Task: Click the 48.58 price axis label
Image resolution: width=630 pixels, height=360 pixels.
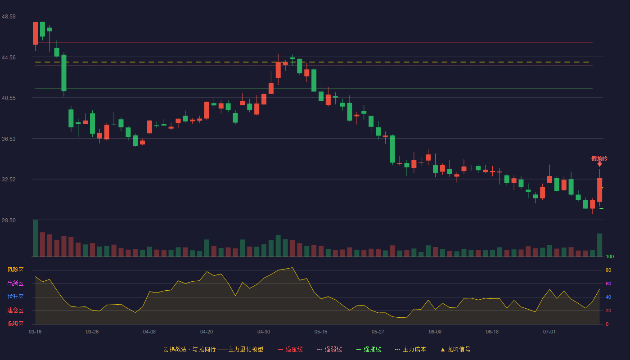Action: (x=9, y=17)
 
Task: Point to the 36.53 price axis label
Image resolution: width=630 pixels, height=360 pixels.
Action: (x=9, y=139)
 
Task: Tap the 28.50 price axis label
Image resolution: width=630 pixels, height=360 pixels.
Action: (x=9, y=220)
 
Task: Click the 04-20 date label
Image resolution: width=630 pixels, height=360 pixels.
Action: (x=207, y=332)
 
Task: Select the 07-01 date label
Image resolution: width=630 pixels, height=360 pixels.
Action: (x=549, y=332)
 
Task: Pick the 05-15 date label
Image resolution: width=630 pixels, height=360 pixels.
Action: (x=321, y=332)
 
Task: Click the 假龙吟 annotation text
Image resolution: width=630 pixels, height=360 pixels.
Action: (x=599, y=158)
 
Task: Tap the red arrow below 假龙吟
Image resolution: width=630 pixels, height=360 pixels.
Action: (x=599, y=164)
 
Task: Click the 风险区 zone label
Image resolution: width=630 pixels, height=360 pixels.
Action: (x=15, y=270)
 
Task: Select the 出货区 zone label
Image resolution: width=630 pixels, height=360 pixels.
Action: (x=15, y=283)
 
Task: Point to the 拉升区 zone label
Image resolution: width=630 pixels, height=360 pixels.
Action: (x=15, y=297)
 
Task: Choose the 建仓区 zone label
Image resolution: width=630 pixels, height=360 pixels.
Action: (x=15, y=310)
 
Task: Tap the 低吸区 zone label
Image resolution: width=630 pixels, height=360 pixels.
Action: (x=15, y=324)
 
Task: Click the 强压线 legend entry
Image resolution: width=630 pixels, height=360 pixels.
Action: (x=290, y=349)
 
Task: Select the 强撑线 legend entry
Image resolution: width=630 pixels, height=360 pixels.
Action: (x=369, y=349)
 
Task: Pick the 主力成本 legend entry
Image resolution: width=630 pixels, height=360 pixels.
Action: (x=410, y=349)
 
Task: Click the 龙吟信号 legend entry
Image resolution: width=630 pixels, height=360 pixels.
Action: (x=455, y=349)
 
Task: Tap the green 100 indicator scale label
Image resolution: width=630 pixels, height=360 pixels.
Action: (x=610, y=256)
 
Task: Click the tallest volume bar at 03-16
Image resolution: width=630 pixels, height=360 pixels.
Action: (x=35, y=238)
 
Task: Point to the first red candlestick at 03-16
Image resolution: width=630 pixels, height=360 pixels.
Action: (x=35, y=33)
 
